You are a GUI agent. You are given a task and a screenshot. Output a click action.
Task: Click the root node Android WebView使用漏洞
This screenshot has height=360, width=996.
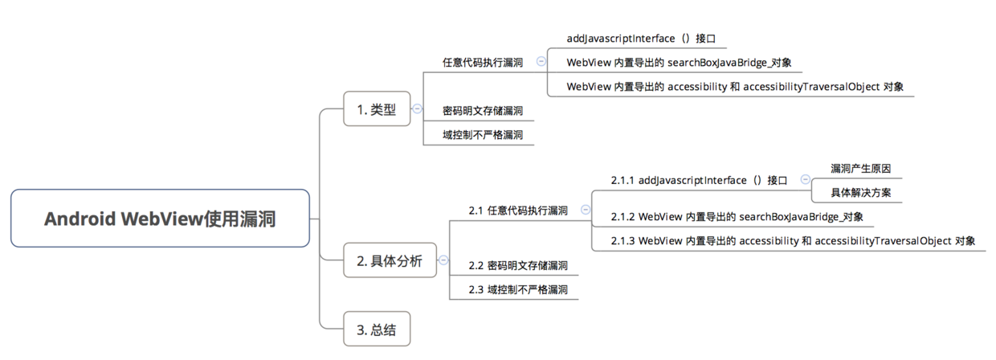(x=160, y=218)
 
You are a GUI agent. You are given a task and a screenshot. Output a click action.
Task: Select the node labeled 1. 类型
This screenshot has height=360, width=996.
(x=377, y=109)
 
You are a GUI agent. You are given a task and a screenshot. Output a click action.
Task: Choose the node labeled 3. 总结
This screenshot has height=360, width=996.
(x=377, y=329)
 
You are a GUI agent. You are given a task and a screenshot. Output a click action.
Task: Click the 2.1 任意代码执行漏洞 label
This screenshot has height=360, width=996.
(x=518, y=211)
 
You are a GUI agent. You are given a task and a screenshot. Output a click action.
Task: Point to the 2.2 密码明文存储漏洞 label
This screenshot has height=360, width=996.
(x=518, y=265)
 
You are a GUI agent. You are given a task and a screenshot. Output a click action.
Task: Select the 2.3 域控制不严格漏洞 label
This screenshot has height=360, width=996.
(x=518, y=289)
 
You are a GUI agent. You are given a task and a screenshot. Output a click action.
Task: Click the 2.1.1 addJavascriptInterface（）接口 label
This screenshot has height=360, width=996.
(x=699, y=180)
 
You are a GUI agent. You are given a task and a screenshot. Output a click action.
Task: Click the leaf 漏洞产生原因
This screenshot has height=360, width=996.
(x=860, y=169)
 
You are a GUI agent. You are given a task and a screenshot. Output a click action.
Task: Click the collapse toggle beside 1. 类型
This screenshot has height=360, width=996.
(x=418, y=109)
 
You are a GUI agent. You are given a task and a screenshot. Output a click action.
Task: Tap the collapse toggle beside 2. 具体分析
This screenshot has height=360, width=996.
(x=443, y=260)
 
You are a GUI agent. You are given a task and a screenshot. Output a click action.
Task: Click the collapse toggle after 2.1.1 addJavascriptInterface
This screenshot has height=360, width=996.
(x=805, y=180)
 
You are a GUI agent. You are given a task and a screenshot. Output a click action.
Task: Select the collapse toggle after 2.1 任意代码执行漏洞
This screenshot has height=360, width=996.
(x=586, y=210)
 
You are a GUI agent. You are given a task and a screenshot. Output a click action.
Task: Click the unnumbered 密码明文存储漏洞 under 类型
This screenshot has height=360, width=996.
(x=483, y=111)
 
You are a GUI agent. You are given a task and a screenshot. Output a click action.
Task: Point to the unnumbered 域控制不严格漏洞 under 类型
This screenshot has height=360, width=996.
(x=483, y=135)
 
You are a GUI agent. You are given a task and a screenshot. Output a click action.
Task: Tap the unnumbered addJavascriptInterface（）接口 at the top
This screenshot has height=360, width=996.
(x=635, y=39)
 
